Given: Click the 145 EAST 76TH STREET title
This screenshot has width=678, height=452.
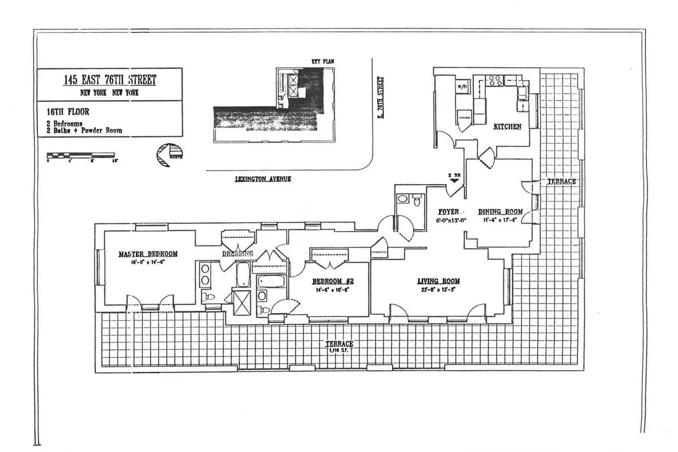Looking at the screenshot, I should click(x=110, y=80).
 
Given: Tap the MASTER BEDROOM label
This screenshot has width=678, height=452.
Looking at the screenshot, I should click(x=148, y=254).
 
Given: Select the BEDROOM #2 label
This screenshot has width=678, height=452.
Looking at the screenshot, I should click(x=333, y=281).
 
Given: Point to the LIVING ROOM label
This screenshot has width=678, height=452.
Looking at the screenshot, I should click(x=438, y=281).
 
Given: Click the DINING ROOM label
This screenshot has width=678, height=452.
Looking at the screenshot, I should click(x=501, y=212).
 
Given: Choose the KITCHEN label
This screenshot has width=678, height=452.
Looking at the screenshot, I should click(x=507, y=127).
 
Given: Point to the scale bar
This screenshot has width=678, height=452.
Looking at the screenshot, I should click(x=81, y=154).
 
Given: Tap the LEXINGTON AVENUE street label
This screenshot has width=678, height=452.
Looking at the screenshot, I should click(x=258, y=179).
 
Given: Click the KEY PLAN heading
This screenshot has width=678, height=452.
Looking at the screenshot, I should click(x=320, y=61).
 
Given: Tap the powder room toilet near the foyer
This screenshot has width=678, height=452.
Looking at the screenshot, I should click(x=417, y=199).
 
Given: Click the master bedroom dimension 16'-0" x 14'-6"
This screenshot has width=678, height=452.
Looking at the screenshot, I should click(x=148, y=262).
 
